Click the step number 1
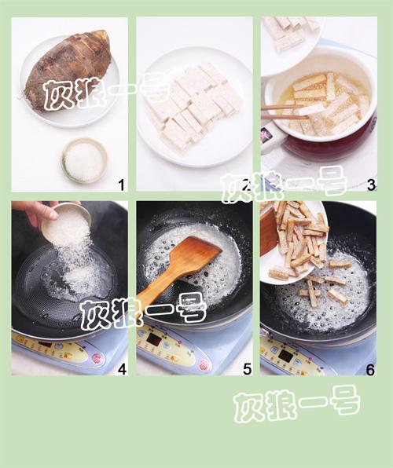coord(121,185)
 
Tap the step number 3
coord(370,185)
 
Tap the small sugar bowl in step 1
coord(84,159)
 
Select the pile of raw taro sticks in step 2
coord(193,106)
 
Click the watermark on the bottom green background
coord(296,405)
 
